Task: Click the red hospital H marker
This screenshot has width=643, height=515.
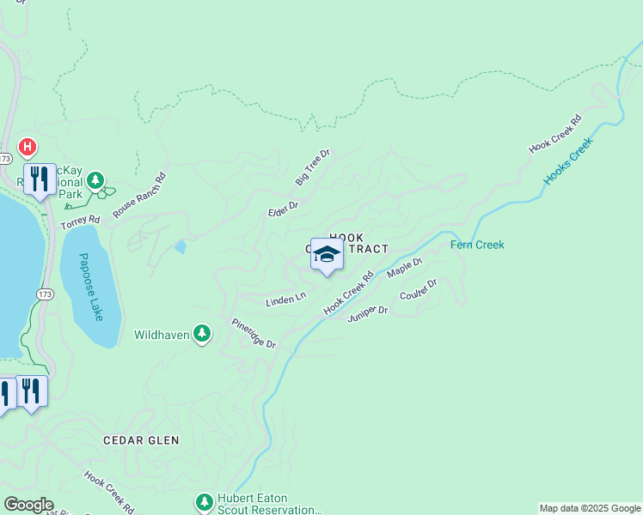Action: [x=28, y=148]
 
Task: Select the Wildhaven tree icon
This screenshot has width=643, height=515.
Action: [x=201, y=333]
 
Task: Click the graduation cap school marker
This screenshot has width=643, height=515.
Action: [x=327, y=254]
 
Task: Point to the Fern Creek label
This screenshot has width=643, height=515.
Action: [x=477, y=245]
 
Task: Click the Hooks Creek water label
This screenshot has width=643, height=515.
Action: [x=568, y=161]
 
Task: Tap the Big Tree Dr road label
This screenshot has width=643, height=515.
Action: [x=313, y=167]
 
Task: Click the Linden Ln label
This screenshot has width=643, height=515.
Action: [x=285, y=299]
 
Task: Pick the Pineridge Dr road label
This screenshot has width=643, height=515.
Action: [x=253, y=333]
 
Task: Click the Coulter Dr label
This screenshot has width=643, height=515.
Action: [x=419, y=289]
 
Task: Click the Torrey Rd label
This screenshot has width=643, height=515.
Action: [x=80, y=221]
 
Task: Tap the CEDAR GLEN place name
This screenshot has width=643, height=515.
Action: [x=141, y=440]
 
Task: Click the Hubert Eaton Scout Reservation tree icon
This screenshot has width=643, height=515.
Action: [x=204, y=501]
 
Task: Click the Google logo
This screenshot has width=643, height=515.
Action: [x=28, y=505]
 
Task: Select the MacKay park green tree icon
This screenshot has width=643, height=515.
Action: [x=96, y=180]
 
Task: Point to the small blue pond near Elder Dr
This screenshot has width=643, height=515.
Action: [x=180, y=247]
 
